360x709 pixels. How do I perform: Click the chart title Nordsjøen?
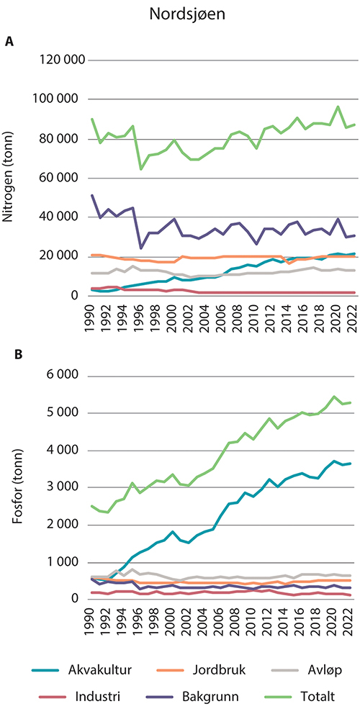tap(180, 14)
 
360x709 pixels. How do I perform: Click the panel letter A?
tap(9, 42)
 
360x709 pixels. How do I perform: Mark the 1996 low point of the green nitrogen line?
tap(140, 168)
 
